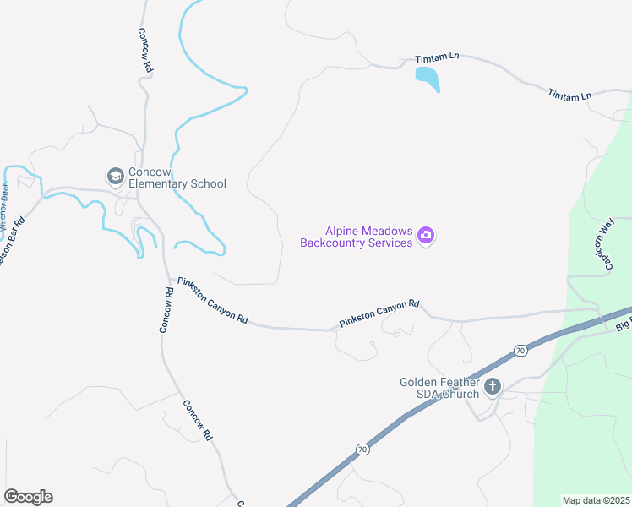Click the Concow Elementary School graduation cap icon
(x=115, y=177)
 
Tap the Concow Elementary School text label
(x=177, y=177)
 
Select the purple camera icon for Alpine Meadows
(x=426, y=236)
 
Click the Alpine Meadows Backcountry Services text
(x=356, y=237)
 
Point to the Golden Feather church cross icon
(x=493, y=388)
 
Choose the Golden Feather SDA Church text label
(x=439, y=388)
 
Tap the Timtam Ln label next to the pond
(x=437, y=58)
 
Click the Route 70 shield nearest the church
(x=519, y=350)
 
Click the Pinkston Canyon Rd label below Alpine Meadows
(x=379, y=313)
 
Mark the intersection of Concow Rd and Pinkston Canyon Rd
(x=166, y=276)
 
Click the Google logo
(x=28, y=497)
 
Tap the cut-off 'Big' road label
(x=623, y=325)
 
